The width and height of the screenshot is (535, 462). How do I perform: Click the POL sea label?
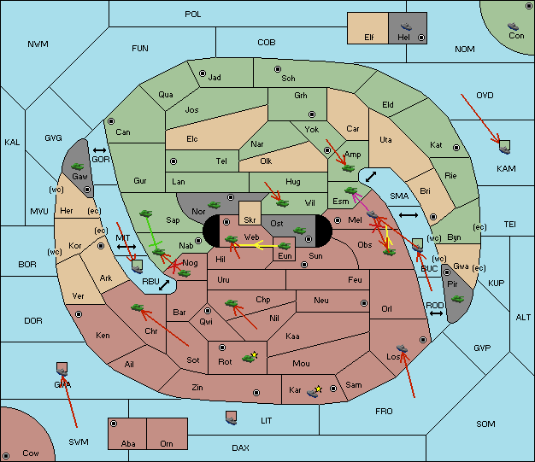(193, 15)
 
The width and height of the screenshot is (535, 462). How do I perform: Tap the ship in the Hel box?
(406, 26)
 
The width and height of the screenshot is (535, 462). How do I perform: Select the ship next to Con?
(513, 26)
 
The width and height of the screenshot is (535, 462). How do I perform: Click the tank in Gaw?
(78, 167)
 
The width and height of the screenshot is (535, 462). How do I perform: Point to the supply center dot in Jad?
(203, 73)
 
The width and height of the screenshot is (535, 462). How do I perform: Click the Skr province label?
(250, 220)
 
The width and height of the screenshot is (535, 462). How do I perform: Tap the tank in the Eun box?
(284, 246)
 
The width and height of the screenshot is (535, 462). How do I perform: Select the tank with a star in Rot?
(250, 357)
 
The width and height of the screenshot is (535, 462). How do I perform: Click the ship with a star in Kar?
(314, 391)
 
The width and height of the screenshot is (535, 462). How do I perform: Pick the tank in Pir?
(457, 299)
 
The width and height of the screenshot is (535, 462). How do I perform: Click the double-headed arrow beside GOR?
(100, 150)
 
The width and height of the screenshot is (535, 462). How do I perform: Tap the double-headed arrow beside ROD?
(436, 313)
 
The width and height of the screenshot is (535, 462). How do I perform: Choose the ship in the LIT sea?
(231, 421)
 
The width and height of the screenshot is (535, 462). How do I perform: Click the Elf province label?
(369, 38)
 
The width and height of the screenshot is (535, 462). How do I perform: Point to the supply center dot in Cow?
(6, 455)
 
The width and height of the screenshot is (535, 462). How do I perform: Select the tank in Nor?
(215, 205)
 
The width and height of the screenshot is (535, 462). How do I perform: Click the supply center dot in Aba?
(114, 424)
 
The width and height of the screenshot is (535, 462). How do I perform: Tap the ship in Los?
(402, 348)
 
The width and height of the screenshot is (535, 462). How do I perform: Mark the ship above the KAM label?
(504, 149)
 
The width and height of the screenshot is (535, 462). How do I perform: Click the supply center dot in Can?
(111, 121)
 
